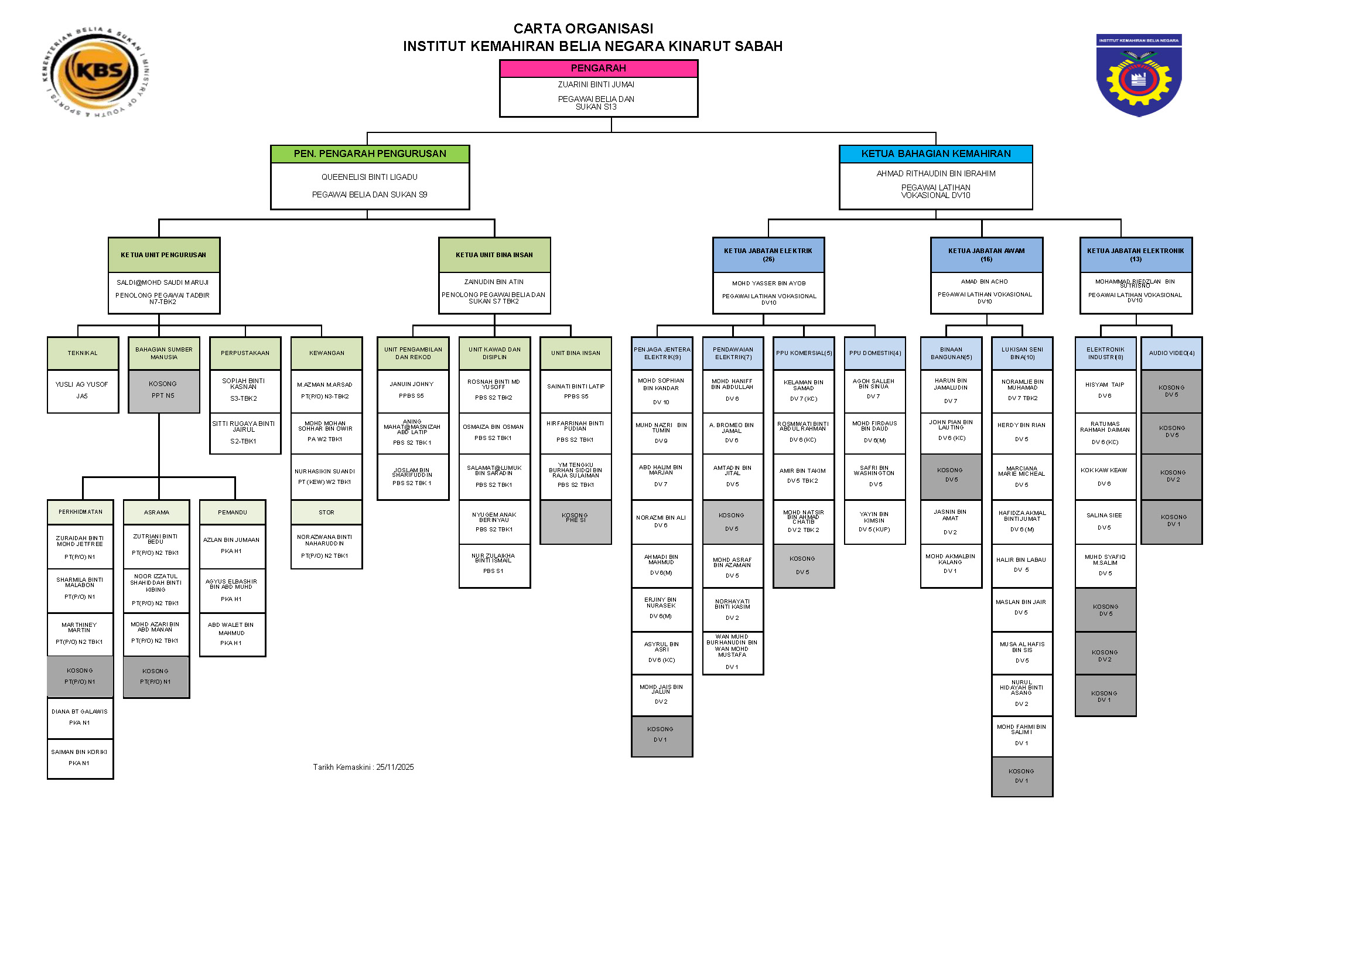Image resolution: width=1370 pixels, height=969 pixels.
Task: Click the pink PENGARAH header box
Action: (598, 69)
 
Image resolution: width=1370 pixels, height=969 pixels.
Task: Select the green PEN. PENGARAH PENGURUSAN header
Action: (370, 154)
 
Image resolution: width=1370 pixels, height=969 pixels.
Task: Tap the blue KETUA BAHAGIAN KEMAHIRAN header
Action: (935, 154)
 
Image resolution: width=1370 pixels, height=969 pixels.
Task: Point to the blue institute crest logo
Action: (1139, 75)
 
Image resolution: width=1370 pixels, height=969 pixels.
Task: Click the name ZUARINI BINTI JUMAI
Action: (596, 85)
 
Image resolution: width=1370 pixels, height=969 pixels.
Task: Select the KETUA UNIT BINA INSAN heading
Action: (494, 255)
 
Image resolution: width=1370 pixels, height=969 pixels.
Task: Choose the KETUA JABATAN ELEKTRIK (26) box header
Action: (768, 255)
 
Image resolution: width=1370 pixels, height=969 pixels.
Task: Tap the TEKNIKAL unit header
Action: (83, 353)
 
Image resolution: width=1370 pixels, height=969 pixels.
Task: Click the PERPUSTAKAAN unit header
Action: (245, 353)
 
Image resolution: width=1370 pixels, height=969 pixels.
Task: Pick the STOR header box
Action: (326, 513)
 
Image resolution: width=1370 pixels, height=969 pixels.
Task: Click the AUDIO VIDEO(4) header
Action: (1171, 353)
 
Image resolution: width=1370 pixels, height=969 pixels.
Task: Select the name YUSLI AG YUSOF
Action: (82, 384)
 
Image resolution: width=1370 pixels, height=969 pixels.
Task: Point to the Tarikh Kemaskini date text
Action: (363, 767)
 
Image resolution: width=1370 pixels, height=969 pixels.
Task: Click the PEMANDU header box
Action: (232, 513)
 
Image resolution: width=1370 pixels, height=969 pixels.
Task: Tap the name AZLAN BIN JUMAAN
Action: (231, 540)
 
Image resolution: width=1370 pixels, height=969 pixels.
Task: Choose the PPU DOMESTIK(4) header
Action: (874, 353)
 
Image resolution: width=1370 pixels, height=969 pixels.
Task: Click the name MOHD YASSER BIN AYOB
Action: (768, 284)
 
